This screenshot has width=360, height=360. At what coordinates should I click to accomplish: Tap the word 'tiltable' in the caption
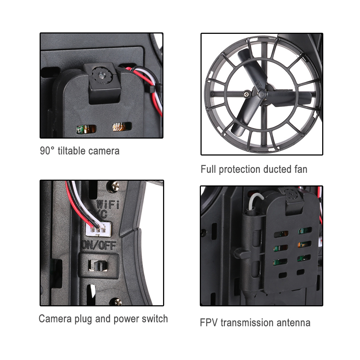tap(72, 151)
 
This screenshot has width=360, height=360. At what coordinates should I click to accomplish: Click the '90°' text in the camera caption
tap(47, 151)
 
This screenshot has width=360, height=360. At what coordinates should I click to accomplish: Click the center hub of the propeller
tap(261, 94)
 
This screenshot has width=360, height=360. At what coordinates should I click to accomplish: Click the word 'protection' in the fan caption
tap(240, 170)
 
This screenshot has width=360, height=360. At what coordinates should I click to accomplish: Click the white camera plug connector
tap(98, 229)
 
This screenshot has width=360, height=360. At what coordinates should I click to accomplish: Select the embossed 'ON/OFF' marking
tap(99, 246)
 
